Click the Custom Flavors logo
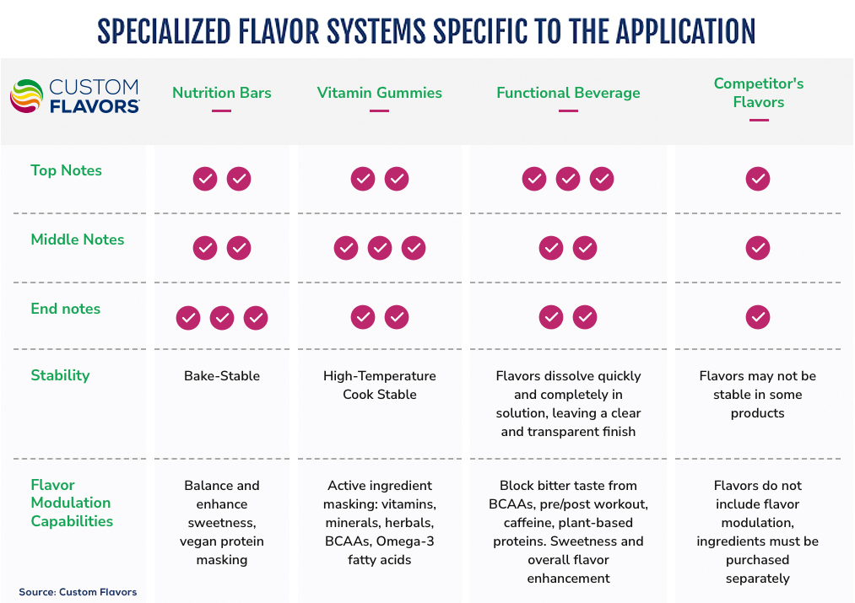pos(74,96)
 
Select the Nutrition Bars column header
pos(222,93)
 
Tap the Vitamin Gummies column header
pos(380,93)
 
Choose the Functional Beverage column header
pos(568,93)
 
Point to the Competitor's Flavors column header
pos(759,93)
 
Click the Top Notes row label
pos(66,170)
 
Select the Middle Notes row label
pos(78,240)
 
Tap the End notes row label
pos(66,309)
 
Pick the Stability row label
pos(60,375)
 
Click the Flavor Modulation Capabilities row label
pos(71,503)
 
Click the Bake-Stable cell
pos(222,376)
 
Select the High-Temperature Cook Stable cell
pos(380,385)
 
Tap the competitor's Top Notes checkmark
pos(758,179)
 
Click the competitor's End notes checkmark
pos(758,317)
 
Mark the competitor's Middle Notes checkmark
pos(758,248)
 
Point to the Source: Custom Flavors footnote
pos(78,592)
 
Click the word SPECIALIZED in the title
pos(164,31)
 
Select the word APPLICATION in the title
pos(685,31)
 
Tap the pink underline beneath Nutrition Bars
pos(222,110)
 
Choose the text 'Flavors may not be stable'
pos(758,385)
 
